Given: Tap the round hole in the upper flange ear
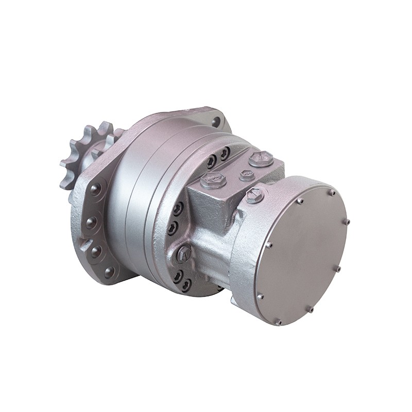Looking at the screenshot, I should (216, 122).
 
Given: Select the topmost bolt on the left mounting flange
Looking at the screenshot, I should (95, 190).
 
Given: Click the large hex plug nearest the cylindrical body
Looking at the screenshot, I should (184, 253).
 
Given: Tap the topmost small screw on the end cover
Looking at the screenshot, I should (332, 193).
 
